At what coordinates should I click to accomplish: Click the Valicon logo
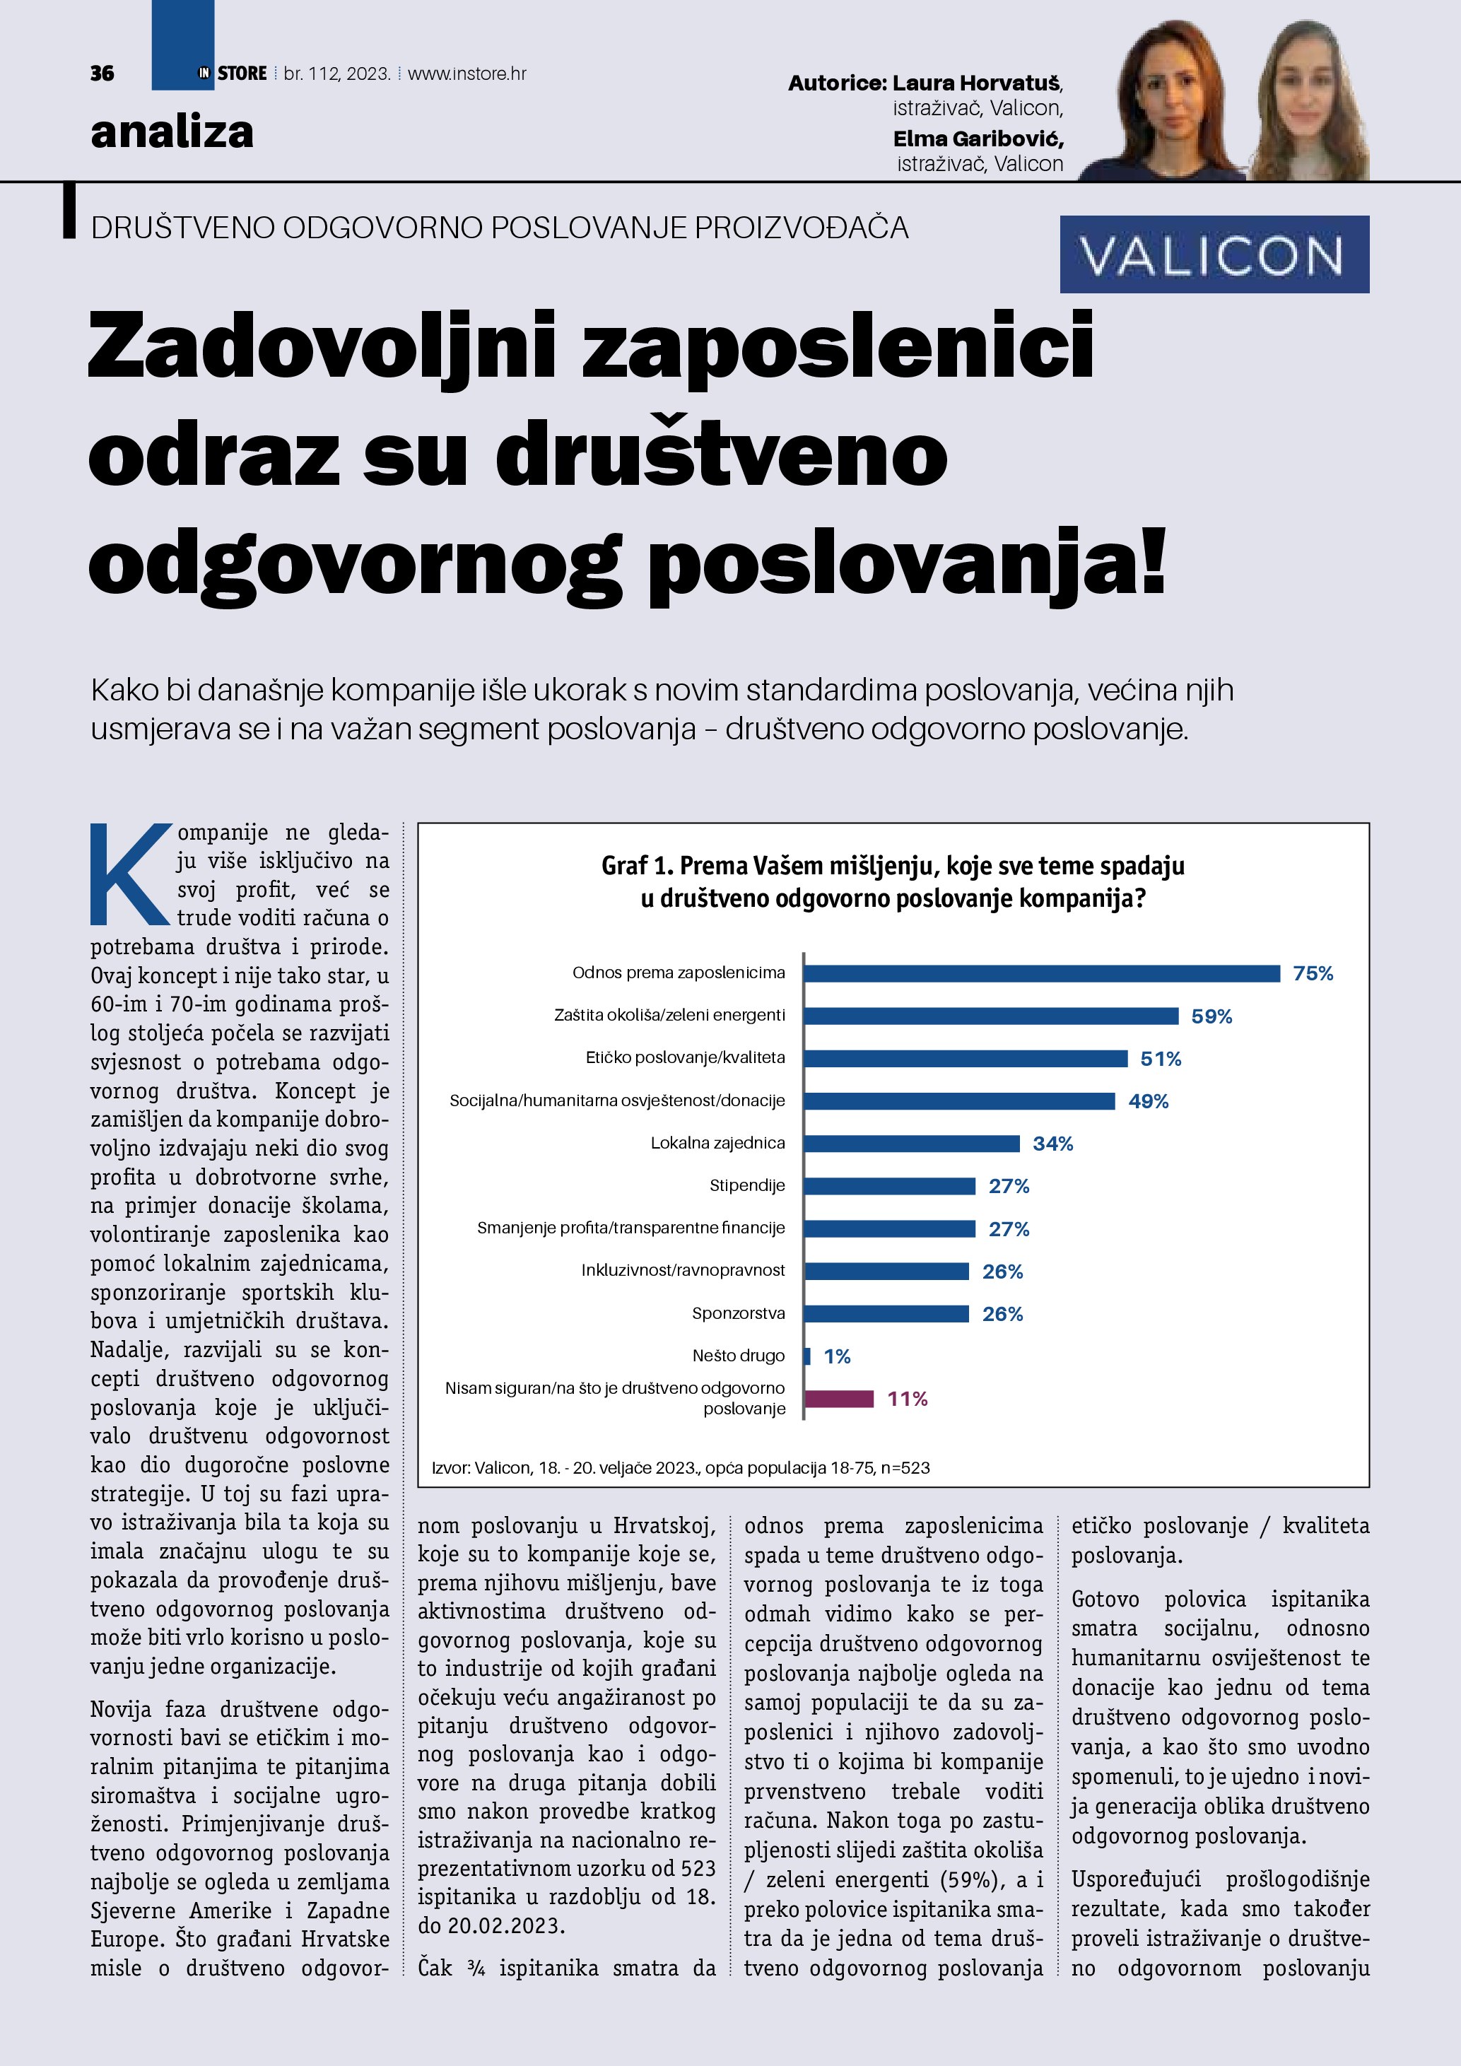(x=1214, y=254)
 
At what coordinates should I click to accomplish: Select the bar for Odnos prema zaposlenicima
(x=1041, y=973)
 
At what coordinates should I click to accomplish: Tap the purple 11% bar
(x=838, y=1398)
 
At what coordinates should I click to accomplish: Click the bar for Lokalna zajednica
(x=911, y=1144)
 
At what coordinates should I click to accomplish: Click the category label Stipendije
(x=746, y=1186)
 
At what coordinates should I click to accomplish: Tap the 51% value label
(x=1161, y=1059)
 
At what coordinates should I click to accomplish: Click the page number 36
(x=102, y=74)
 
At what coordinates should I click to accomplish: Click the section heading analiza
(x=172, y=132)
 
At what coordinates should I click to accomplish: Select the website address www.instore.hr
(x=467, y=74)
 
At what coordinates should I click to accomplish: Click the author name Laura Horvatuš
(x=976, y=83)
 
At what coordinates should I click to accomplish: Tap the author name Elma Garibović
(x=978, y=139)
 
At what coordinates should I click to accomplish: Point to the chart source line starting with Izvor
(x=680, y=1467)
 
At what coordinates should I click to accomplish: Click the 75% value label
(x=1313, y=973)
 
